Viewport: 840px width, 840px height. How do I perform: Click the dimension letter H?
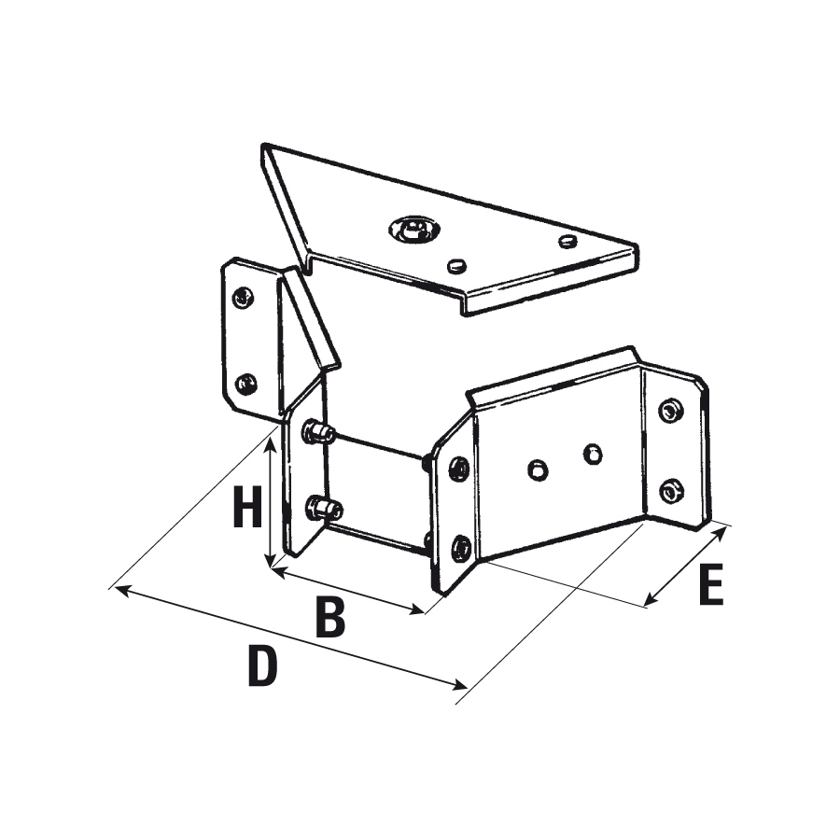click(247, 506)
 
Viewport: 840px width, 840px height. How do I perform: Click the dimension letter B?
click(330, 617)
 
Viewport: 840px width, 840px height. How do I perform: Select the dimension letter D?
click(262, 665)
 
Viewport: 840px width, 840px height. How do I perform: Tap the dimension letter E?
click(711, 585)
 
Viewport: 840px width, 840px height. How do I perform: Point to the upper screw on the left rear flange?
click(243, 297)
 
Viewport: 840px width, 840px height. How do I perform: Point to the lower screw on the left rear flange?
click(245, 383)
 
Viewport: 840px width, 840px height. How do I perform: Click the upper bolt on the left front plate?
click(318, 432)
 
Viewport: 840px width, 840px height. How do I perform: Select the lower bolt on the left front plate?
click(323, 509)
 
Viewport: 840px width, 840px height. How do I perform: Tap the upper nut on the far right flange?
click(670, 411)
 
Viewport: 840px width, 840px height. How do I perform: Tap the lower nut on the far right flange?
click(672, 491)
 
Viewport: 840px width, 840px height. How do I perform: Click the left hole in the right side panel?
click(538, 469)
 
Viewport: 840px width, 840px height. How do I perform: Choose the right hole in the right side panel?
click(592, 454)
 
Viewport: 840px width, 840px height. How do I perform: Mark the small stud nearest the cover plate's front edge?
click(457, 264)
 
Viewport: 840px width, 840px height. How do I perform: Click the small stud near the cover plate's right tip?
click(567, 241)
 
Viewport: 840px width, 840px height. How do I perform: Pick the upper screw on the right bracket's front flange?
click(459, 469)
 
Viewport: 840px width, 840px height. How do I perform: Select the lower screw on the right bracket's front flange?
click(461, 548)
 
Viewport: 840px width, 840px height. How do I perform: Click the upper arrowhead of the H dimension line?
click(270, 442)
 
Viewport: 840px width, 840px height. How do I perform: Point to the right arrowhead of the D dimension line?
click(460, 684)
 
